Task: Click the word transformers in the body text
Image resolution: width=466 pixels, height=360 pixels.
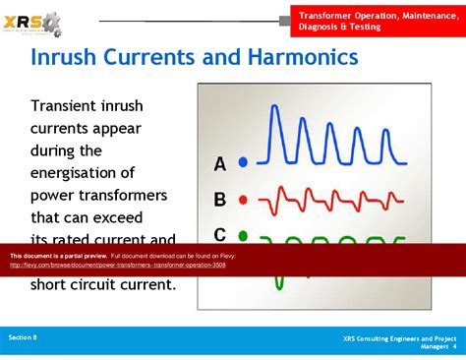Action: click(x=117, y=194)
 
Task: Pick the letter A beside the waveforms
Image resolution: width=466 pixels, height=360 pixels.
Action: click(x=220, y=163)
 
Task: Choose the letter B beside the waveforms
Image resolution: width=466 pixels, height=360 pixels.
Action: click(x=220, y=200)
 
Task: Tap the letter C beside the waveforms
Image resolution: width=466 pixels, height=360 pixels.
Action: click(x=220, y=234)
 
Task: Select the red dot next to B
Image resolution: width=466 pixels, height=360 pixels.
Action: click(x=243, y=200)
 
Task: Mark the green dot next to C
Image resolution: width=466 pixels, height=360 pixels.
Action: click(x=243, y=235)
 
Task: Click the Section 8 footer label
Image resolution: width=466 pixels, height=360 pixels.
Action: click(x=23, y=337)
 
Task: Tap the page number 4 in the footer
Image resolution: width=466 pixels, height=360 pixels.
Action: click(x=454, y=347)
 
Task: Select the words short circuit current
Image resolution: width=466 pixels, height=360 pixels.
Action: click(x=102, y=285)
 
